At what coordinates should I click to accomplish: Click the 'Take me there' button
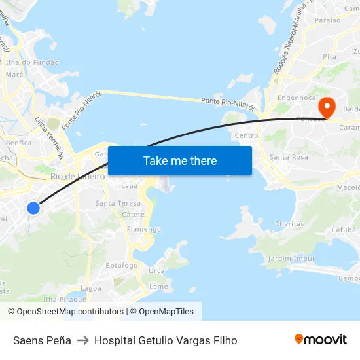pos(180,160)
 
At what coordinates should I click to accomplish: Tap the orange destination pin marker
pos(325,107)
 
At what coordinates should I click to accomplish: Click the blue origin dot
pos(33,208)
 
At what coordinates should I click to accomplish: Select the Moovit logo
pos(321,340)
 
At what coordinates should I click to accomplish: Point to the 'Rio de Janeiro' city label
pos(77,177)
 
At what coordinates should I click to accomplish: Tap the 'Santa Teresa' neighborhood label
pos(118,203)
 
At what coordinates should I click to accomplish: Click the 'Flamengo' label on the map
pos(144,229)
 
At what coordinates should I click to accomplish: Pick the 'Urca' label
pos(156,270)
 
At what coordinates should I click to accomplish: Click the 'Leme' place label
pos(158,287)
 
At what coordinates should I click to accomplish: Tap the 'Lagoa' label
pos(90,288)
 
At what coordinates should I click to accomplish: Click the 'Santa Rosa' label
pos(289,157)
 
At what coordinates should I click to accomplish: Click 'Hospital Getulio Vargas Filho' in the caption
pos(166,340)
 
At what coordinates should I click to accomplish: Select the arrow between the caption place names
pos(82,340)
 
